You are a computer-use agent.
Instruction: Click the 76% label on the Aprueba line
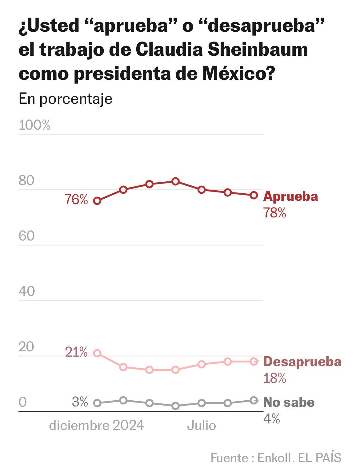(x=76, y=200)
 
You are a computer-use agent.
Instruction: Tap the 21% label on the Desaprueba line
(x=76, y=352)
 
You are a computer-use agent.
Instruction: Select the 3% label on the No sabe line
(x=80, y=402)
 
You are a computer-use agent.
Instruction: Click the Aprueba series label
(x=290, y=196)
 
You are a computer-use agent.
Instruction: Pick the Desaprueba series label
(x=302, y=362)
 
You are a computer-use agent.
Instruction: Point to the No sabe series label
(x=289, y=402)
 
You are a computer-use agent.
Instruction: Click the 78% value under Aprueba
(x=274, y=213)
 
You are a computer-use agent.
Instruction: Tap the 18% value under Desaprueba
(x=274, y=378)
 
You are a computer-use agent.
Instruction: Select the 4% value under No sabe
(x=271, y=419)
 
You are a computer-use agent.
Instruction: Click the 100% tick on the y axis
(x=34, y=125)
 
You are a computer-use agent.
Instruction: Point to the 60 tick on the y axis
(x=27, y=236)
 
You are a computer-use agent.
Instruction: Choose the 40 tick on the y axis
(x=27, y=291)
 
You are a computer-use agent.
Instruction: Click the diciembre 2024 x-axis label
(x=96, y=425)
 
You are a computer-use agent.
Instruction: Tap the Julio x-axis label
(x=202, y=425)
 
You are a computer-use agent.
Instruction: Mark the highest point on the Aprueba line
(x=175, y=181)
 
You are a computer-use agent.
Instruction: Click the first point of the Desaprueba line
(x=97, y=353)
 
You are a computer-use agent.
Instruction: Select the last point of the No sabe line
(x=254, y=400)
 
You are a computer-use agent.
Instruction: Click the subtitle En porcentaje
(x=66, y=99)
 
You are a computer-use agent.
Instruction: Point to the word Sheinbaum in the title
(x=258, y=49)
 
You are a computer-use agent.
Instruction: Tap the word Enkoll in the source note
(x=274, y=458)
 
